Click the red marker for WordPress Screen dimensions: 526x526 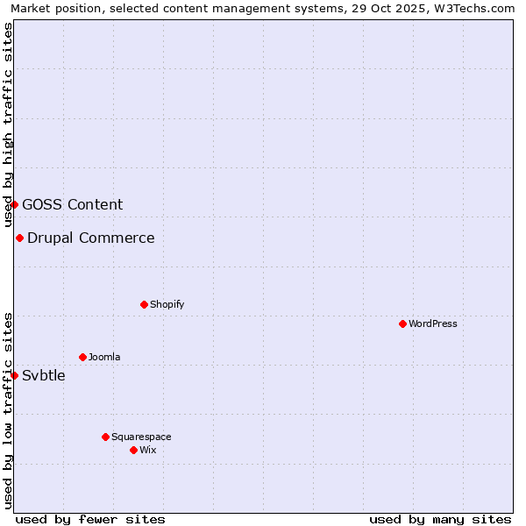(402, 323)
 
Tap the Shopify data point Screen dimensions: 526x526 (144, 304)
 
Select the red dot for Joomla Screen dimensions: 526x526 (82, 357)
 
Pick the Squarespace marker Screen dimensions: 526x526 (105, 437)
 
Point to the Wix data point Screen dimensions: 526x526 (133, 450)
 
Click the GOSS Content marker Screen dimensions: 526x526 (14, 204)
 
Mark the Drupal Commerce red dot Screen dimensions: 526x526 (19, 238)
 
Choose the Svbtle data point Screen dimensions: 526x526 (14, 375)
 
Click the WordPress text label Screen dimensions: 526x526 (433, 323)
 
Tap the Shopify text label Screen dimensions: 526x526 (167, 304)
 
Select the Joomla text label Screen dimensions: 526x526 (104, 357)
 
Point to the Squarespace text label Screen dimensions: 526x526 (141, 437)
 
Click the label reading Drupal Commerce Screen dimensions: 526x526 (91, 238)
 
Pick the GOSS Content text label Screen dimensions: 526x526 (73, 205)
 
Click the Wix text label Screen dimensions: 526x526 (148, 450)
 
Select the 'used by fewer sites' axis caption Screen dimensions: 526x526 (90, 519)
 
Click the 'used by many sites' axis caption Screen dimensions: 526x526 (440, 519)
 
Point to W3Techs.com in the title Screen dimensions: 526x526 (479, 9)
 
